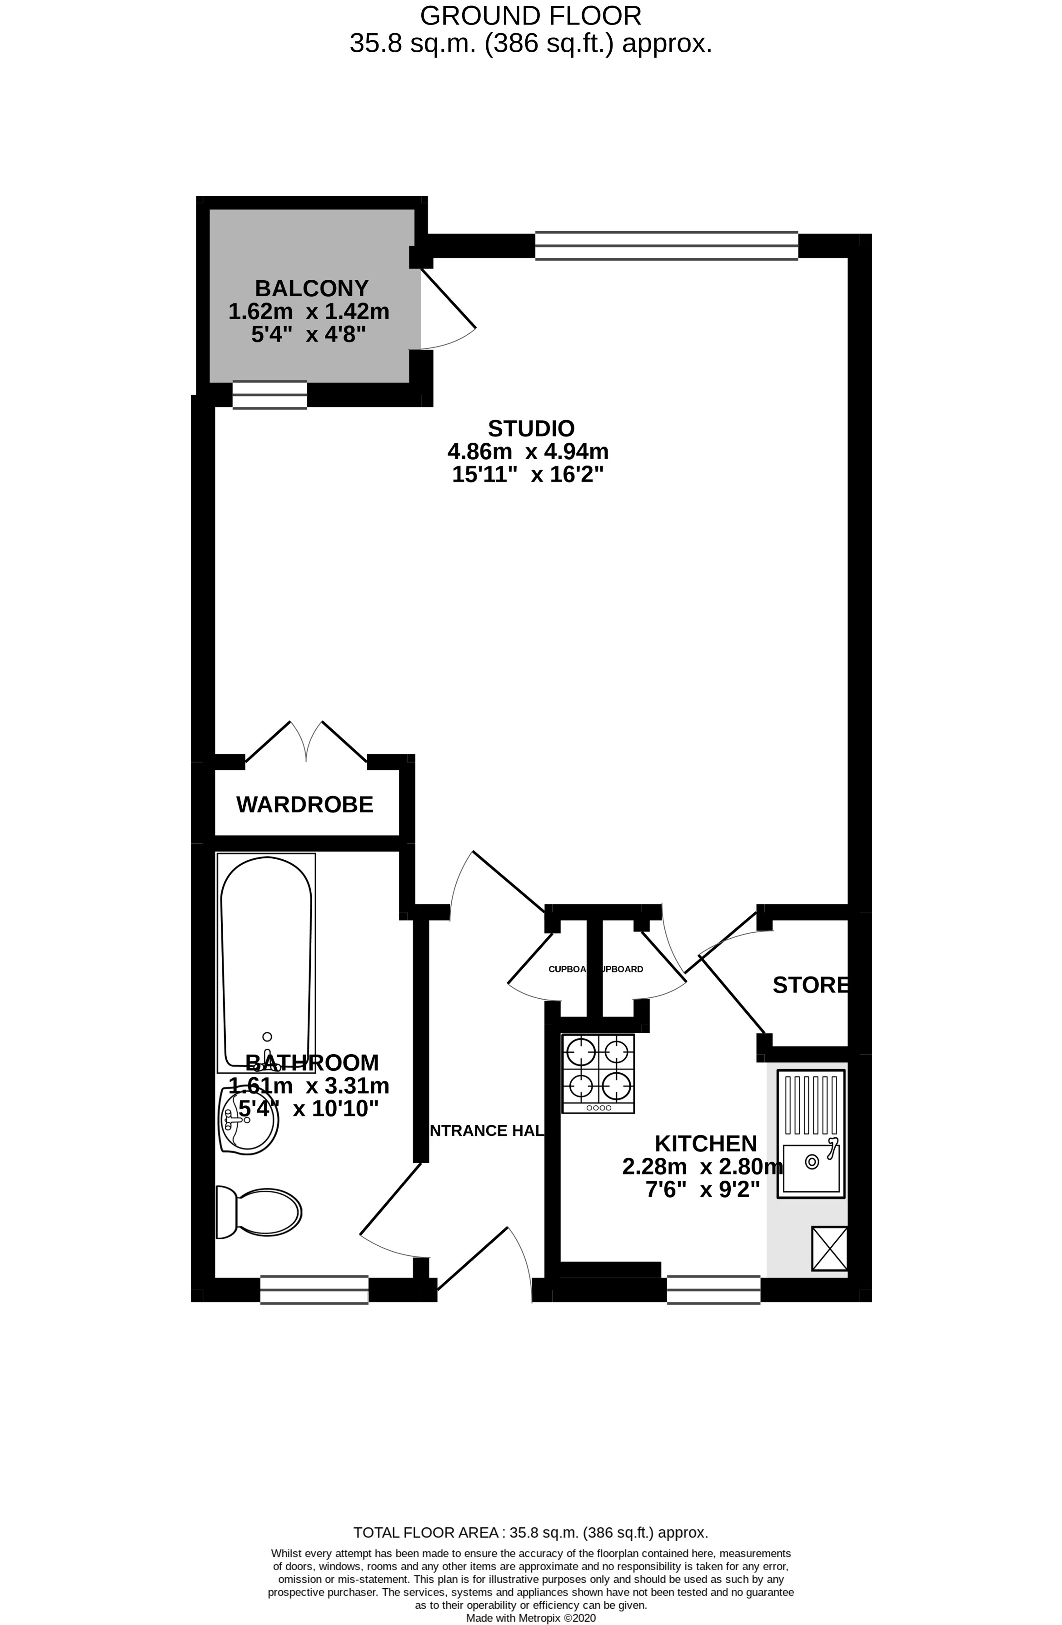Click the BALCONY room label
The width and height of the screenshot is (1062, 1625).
311,288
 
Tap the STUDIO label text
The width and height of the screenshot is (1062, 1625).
531,429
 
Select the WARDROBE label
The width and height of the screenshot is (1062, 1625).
304,804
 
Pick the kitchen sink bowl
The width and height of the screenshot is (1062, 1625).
811,1168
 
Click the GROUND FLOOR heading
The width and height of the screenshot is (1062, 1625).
531,15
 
